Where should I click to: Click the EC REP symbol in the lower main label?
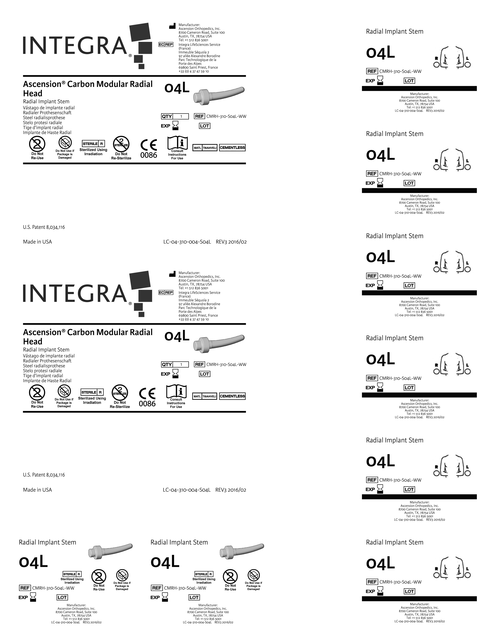166,293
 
